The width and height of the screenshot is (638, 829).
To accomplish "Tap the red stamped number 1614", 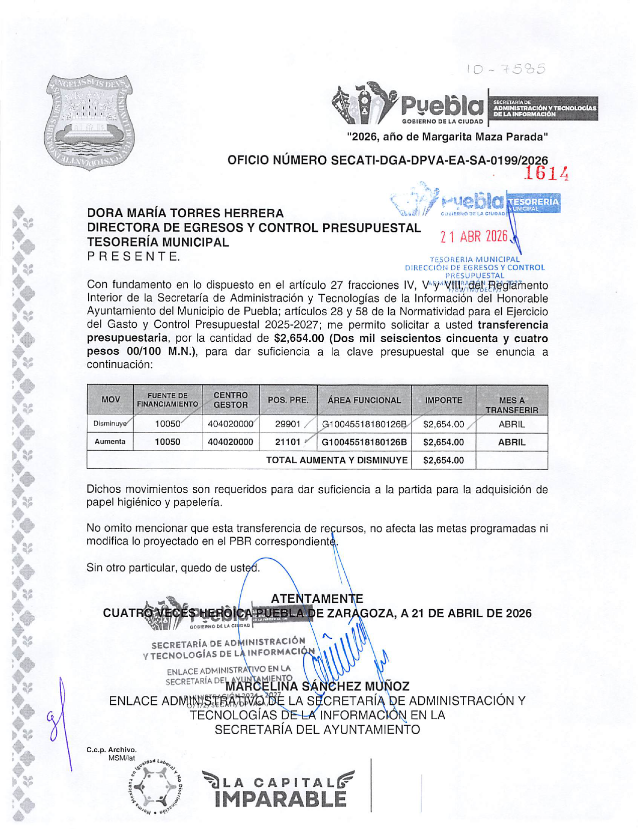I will tap(546, 174).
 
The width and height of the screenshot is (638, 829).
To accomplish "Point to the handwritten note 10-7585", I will tap(506, 69).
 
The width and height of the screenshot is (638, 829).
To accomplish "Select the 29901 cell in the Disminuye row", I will tap(288, 424).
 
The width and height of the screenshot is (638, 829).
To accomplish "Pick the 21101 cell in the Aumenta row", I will tap(288, 442).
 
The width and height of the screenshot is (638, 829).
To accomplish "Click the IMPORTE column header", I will tap(443, 400).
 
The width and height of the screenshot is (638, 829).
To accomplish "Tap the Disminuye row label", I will tap(110, 424).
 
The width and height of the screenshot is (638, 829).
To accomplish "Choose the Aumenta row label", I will tap(110, 442).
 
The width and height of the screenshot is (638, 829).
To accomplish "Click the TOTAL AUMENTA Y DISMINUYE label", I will tap(336, 460).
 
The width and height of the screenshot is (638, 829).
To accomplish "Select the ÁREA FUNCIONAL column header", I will tap(364, 400).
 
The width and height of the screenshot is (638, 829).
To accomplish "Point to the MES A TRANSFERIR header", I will tap(512, 405).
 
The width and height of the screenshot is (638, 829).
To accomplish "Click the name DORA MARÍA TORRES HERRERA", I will tap(185, 213).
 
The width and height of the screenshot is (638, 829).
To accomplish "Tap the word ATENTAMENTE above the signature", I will tap(317, 599).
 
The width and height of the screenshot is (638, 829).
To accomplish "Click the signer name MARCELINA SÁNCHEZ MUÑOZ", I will tap(317, 686).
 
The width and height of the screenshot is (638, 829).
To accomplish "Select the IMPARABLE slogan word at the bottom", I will tap(280, 798).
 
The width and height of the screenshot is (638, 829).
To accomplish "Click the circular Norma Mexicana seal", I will tap(156, 786).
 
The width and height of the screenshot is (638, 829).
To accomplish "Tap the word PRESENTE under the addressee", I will tap(133, 256).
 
